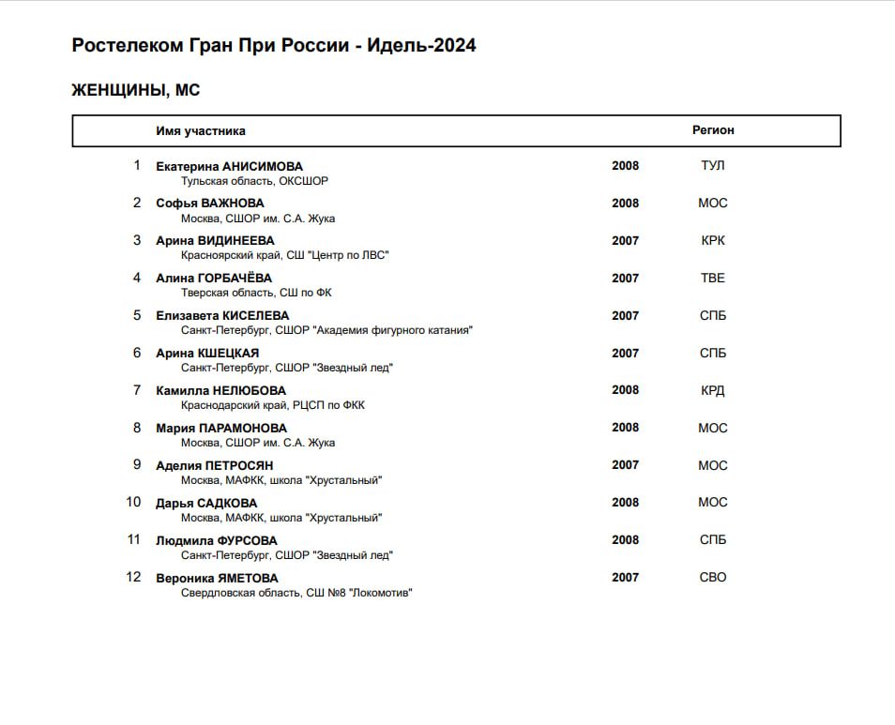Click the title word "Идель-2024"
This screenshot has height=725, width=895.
pos(421,45)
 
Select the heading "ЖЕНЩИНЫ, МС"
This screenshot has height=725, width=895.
pos(136,91)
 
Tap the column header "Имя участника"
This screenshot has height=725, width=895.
pos(201,131)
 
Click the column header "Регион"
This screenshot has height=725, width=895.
pos(713,131)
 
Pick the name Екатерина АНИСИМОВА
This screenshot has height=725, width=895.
pos(229,166)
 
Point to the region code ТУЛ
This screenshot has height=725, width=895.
pos(713,166)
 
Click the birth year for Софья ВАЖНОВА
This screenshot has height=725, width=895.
pos(625,204)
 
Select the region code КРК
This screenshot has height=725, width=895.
pos(713,241)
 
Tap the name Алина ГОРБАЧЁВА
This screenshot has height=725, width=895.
pos(214,279)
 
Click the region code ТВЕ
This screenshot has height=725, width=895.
pos(713,279)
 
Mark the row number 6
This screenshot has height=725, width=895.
pos(137,354)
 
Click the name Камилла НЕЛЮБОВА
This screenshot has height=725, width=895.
pos(220,391)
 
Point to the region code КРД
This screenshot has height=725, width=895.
pos(713,391)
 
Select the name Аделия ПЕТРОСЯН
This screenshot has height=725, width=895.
pos(215,466)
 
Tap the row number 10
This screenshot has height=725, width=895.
pos(133,503)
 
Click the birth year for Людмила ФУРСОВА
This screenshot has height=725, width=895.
pos(625,540)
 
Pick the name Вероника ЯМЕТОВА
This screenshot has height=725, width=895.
pos(217,579)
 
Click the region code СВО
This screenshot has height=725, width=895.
pos(713,578)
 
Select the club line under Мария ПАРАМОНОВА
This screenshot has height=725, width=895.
pos(258,443)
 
